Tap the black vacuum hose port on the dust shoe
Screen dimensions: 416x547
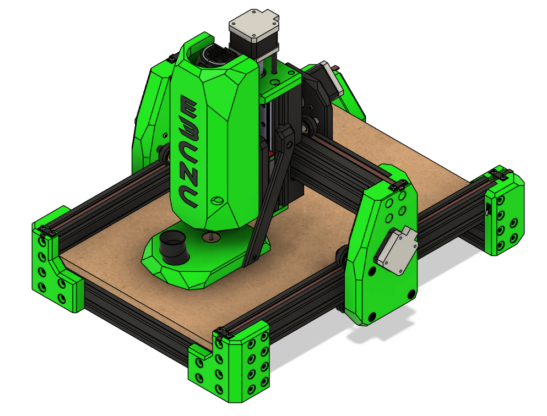[x=173, y=248]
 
